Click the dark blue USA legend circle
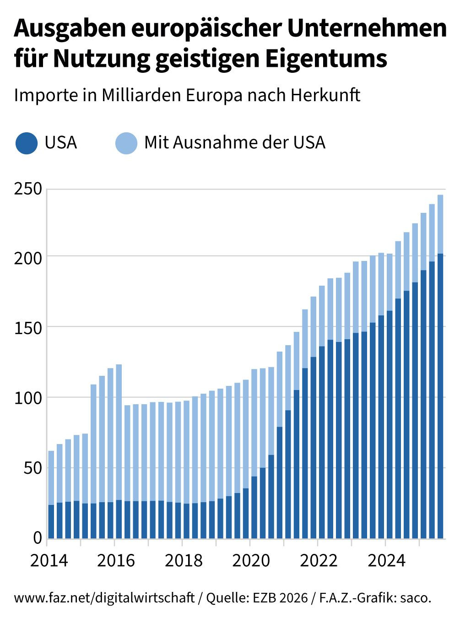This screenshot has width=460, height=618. tap(26, 143)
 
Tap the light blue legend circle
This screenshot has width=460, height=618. tap(126, 143)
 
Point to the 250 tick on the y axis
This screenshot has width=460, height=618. tap(27, 189)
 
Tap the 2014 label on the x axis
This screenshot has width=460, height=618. tap(49, 560)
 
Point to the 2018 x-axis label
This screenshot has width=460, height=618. tap(183, 560)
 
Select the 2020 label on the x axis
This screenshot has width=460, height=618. tap(251, 560)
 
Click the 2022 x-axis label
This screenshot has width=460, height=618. tap(319, 560)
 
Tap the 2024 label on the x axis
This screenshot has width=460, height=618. tap(386, 560)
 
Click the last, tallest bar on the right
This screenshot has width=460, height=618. tap(440, 366)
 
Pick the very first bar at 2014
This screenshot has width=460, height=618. tap(51, 494)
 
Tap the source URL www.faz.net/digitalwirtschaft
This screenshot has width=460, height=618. tap(104, 598)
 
